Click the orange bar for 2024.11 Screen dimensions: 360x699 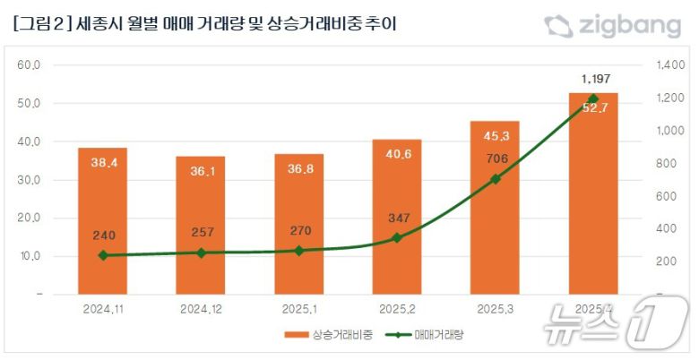click(x=101, y=220)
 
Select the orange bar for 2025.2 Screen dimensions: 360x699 click(x=396, y=216)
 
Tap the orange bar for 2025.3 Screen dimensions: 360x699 click(x=495, y=207)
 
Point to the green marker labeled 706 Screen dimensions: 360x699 click(x=495, y=179)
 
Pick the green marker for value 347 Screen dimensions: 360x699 click(x=396, y=237)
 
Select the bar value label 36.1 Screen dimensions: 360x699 click(x=200, y=172)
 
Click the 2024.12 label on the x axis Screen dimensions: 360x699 click(x=200, y=309)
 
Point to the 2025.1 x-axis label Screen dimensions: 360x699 click(x=298, y=309)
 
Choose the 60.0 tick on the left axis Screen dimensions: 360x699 click(x=30, y=65)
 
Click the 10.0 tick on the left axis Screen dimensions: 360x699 click(x=30, y=256)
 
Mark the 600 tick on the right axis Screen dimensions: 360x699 click(x=666, y=196)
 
